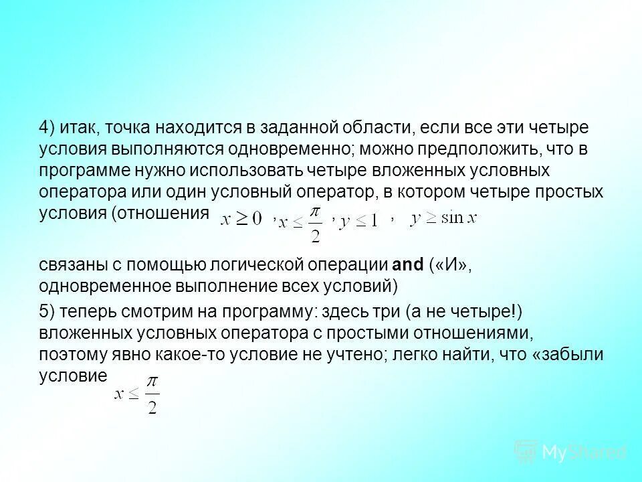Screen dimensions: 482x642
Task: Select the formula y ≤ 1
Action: [x=358, y=221]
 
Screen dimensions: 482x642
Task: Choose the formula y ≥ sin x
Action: [x=443, y=218]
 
